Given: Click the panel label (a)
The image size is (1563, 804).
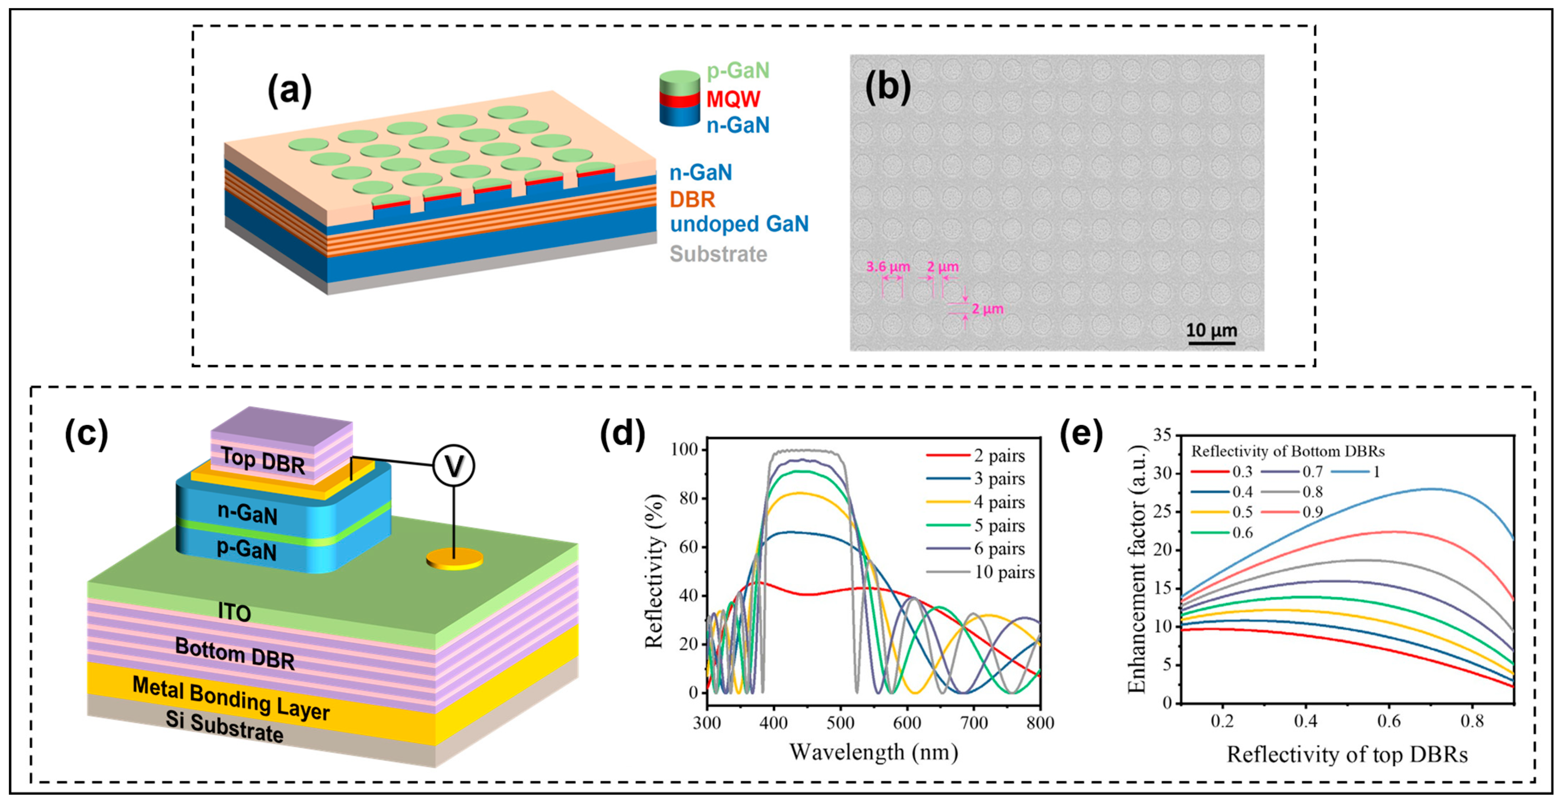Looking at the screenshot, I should coord(289,91).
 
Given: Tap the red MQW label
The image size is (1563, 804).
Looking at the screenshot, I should coord(733,99).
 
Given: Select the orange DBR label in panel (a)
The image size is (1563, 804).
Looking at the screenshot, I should coord(692,199).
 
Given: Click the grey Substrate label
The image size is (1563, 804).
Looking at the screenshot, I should coord(718,254).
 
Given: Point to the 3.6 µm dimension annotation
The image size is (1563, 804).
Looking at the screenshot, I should coord(888,267).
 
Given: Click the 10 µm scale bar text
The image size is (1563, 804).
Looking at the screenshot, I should coord(1211,330).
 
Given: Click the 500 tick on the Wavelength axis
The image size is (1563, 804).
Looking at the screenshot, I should coord(840,723).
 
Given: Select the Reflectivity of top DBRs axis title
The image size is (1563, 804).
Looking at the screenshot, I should coord(1347,755).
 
